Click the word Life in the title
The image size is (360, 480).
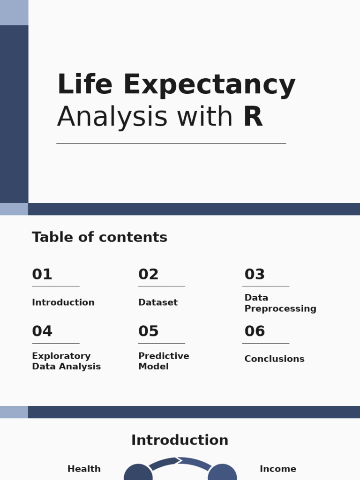[85, 85]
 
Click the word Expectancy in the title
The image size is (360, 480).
[209, 86]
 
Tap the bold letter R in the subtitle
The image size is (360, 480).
[253, 117]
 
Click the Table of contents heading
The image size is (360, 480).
[99, 238]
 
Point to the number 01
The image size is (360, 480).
[42, 275]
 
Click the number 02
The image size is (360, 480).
[149, 275]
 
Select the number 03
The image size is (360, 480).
[255, 275]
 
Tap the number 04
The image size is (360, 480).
[42, 331]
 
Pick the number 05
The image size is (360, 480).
[149, 331]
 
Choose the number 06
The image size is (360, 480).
[255, 331]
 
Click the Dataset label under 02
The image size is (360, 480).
[158, 303]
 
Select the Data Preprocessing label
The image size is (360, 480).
[280, 303]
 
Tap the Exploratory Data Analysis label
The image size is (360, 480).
[66, 361]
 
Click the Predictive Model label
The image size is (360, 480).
[164, 361]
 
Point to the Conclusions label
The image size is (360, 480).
[274, 359]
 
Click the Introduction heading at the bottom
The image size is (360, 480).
[180, 441]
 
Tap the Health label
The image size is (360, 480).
[84, 469]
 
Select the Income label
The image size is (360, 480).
[277, 469]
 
